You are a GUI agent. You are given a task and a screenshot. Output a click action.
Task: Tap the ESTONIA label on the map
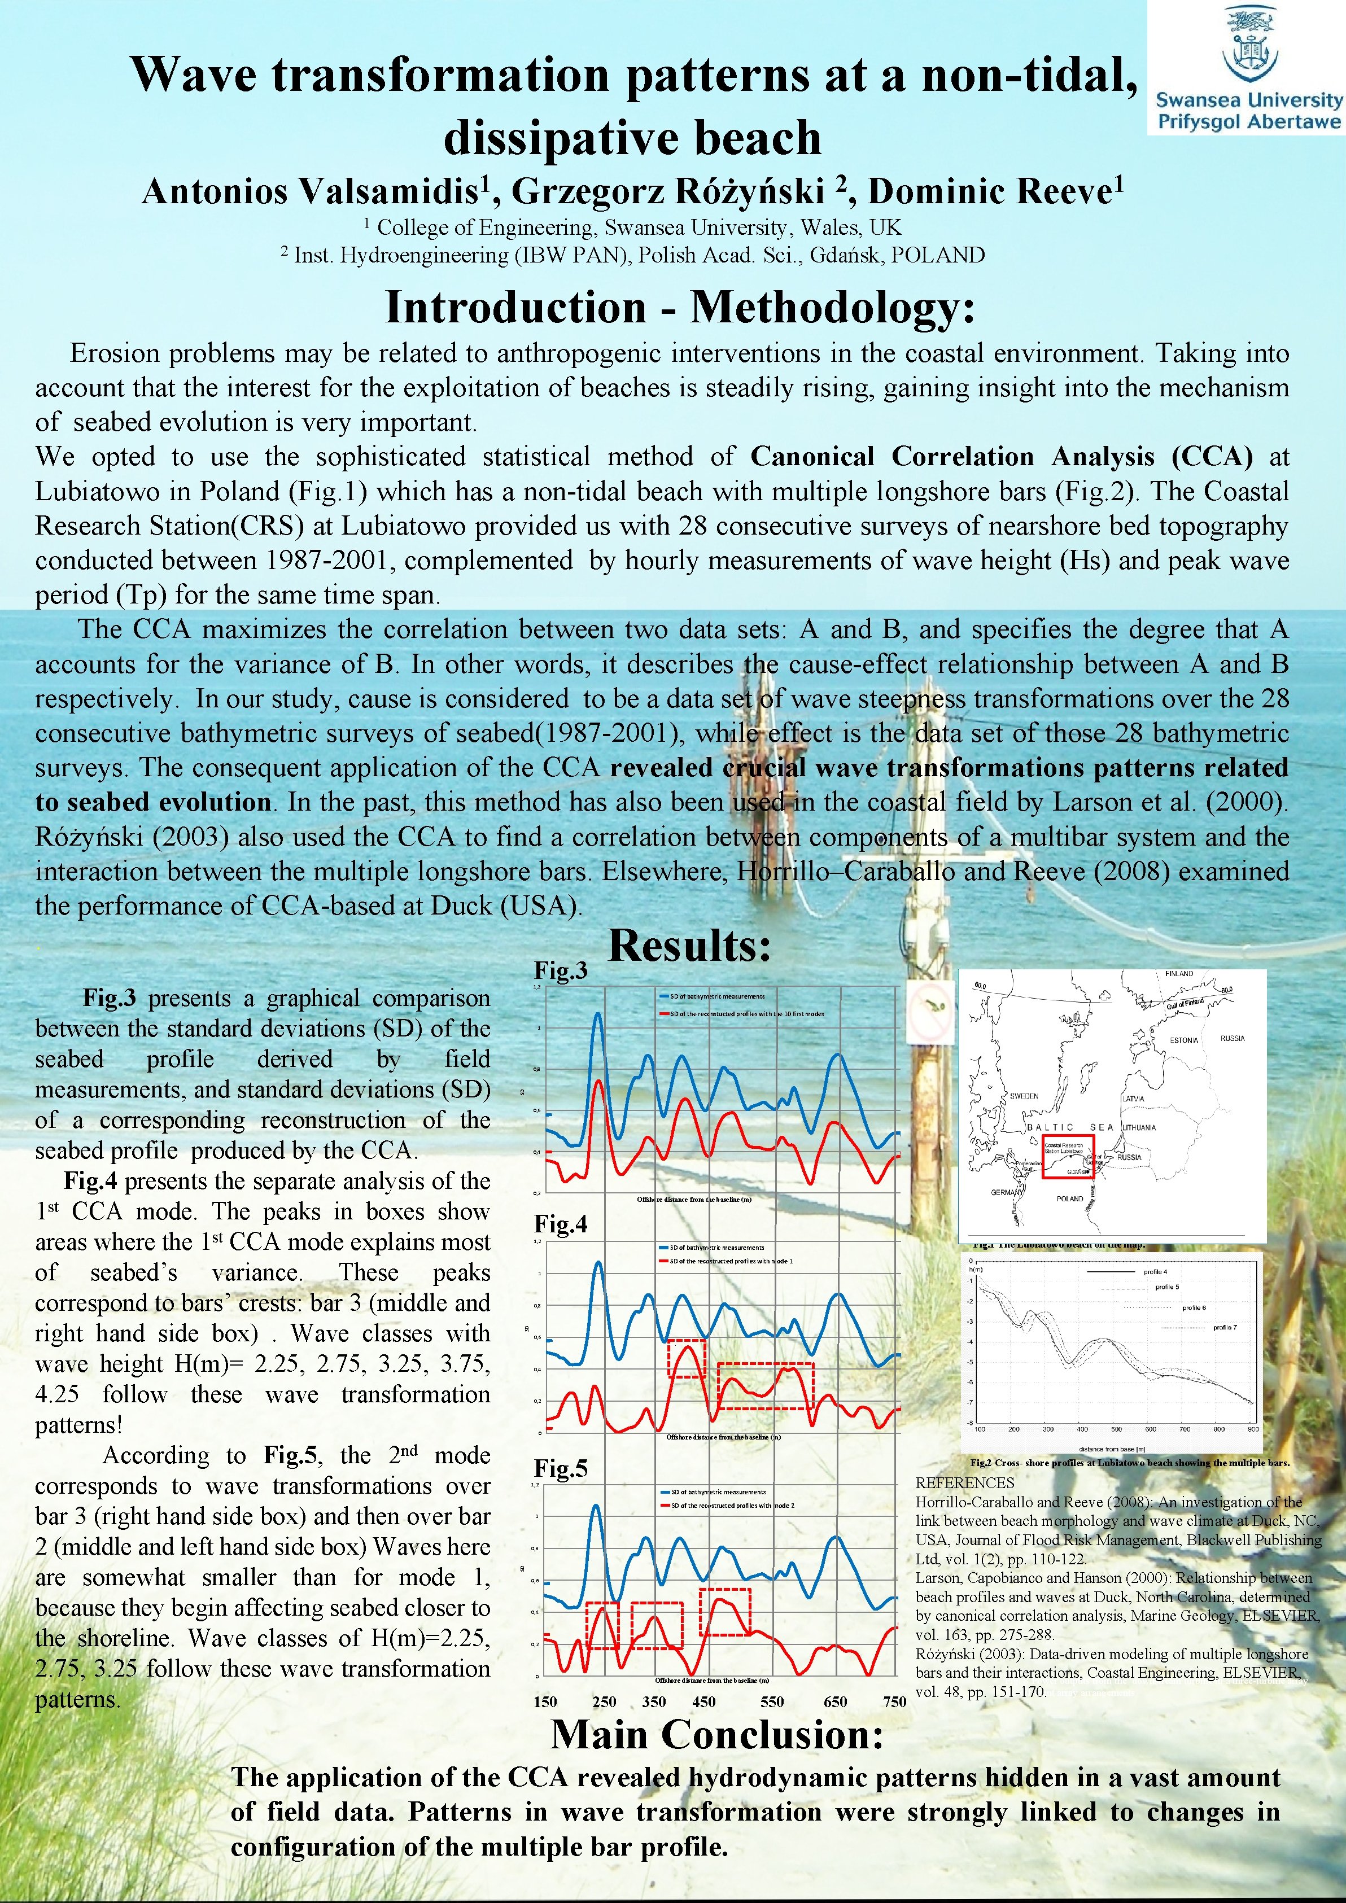(x=1183, y=1040)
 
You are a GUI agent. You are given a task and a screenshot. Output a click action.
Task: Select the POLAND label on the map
(x=1070, y=1198)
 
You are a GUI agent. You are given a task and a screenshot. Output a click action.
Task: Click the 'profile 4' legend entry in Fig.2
(x=1155, y=1271)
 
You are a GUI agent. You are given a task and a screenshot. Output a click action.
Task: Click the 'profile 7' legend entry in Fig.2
(x=1224, y=1327)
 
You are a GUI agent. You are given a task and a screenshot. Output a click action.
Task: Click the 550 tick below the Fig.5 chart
(x=772, y=1701)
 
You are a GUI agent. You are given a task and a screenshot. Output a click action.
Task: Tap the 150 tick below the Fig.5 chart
(x=545, y=1701)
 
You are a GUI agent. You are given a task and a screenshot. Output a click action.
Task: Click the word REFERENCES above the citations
(x=965, y=1483)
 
